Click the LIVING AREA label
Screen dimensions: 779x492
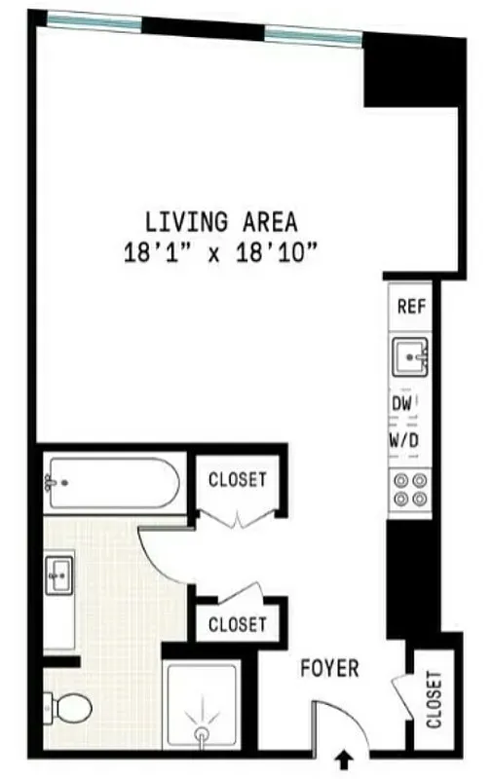[221, 222]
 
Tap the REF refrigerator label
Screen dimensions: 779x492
[410, 307]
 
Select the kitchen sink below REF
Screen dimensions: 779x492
[410, 358]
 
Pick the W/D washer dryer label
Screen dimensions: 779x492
[405, 440]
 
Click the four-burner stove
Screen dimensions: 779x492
[410, 489]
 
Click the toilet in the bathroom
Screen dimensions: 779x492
[70, 707]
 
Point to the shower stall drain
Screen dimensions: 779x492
[202, 733]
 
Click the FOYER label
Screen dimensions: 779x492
[328, 669]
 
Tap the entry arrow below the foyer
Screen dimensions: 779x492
[343, 759]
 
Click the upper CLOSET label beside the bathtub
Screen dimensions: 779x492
[238, 479]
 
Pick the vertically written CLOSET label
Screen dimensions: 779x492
[433, 699]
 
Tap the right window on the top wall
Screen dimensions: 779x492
[313, 36]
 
